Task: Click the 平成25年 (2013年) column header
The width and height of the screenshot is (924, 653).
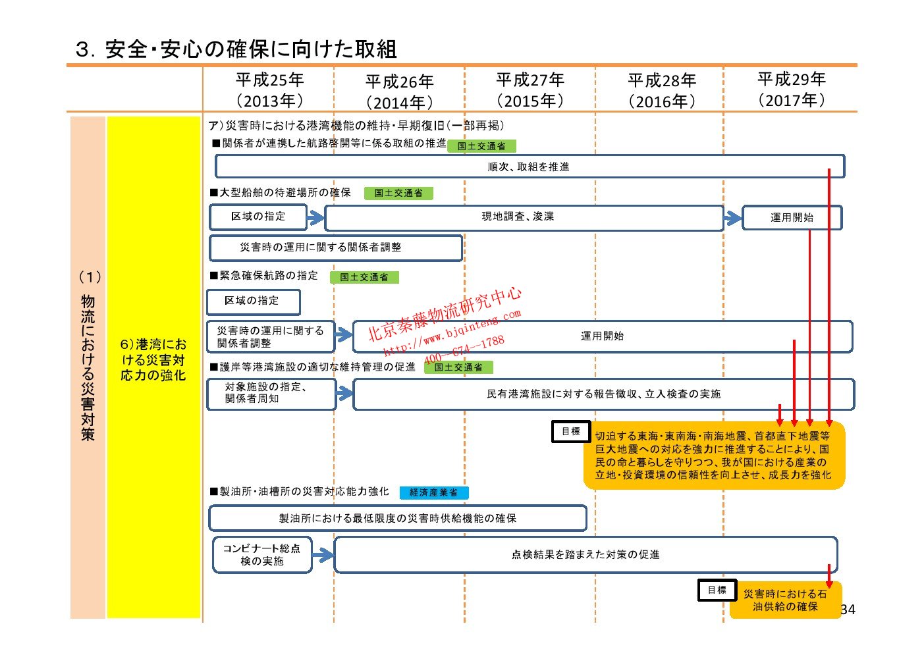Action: coord(269,90)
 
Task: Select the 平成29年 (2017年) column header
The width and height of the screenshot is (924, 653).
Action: coord(791,90)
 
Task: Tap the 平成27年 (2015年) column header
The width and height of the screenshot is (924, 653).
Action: coord(530,90)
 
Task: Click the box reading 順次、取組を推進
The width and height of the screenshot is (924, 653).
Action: coord(529,167)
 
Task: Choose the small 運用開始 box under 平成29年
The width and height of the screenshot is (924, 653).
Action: coord(792,218)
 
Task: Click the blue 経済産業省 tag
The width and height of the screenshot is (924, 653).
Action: coord(433,492)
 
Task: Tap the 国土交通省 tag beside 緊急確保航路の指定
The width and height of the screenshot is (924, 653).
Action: coord(364,277)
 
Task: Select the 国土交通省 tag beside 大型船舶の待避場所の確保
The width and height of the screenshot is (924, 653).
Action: coord(398,193)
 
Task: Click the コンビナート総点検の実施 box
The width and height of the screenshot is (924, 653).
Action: coord(261,555)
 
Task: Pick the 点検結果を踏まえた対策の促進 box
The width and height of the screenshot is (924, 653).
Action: coord(585,555)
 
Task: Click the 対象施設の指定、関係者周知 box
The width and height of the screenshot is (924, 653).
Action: coord(271,393)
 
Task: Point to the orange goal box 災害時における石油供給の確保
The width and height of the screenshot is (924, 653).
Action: coord(785,600)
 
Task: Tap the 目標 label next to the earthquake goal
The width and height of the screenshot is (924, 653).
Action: coord(570,432)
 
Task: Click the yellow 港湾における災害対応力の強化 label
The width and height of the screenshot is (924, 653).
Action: coord(153,360)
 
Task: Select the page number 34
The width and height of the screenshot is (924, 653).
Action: coord(848,610)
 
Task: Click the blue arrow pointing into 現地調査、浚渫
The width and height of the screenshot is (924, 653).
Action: coord(315,217)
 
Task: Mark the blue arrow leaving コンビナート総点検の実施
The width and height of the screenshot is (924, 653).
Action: coord(323,556)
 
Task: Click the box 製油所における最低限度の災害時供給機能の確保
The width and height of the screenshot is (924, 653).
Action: coord(397,518)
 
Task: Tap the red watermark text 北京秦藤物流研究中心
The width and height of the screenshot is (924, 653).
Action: coord(444,314)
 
